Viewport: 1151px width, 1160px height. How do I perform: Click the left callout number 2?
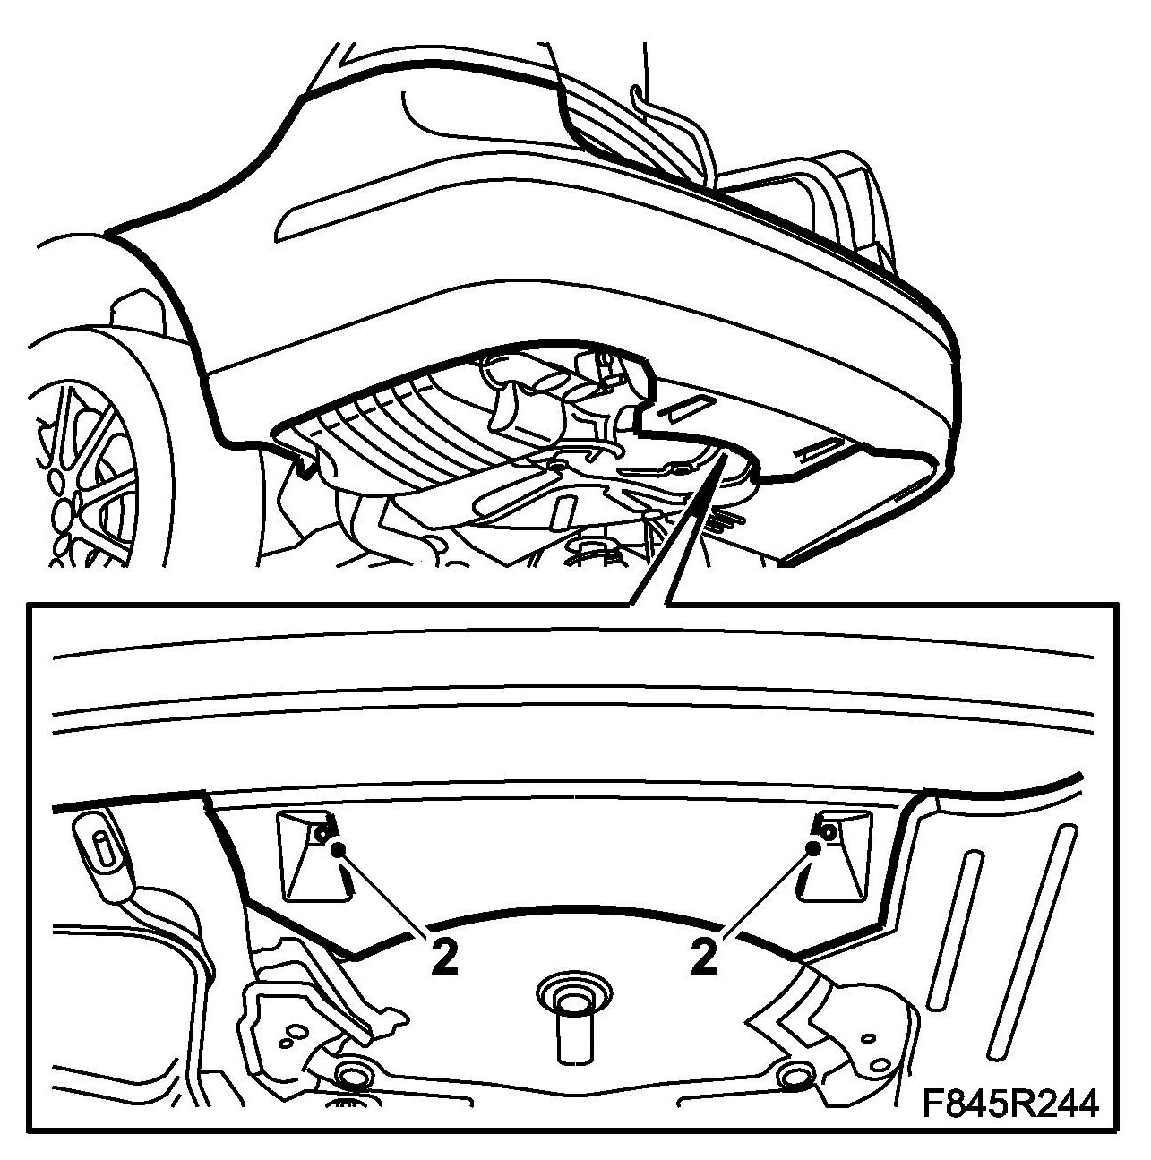click(x=445, y=958)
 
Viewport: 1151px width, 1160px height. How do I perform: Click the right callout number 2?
click(x=704, y=958)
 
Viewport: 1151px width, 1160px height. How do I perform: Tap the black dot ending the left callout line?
click(x=338, y=849)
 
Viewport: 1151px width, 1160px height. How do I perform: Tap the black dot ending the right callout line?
click(x=812, y=849)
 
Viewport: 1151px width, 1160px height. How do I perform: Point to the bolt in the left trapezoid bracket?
click(x=322, y=833)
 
